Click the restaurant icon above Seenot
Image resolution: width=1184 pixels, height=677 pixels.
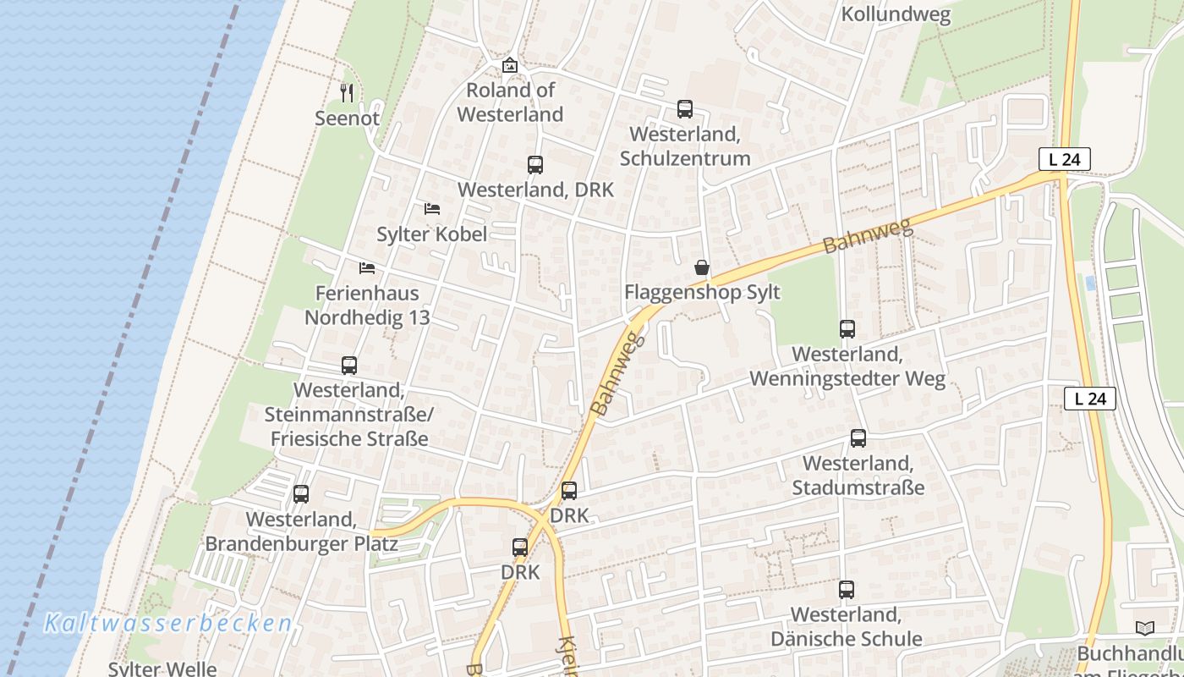pyautogui.click(x=346, y=92)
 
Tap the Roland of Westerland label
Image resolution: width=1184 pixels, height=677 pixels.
pyautogui.click(x=510, y=102)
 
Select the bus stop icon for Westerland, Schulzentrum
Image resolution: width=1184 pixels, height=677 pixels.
pyautogui.click(x=685, y=109)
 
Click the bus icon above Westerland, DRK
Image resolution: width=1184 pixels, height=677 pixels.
pyautogui.click(x=535, y=165)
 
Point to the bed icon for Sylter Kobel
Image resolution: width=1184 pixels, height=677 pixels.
pyautogui.click(x=432, y=208)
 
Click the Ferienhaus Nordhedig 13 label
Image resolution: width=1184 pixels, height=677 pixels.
pyautogui.click(x=367, y=305)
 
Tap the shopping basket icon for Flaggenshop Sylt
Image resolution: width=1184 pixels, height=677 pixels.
pyautogui.click(x=702, y=268)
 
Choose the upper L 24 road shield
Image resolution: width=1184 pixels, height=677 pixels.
pyautogui.click(x=1065, y=158)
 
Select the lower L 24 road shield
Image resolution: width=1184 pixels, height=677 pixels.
pyautogui.click(x=1090, y=399)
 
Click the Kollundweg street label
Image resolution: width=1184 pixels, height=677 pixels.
pyautogui.click(x=896, y=15)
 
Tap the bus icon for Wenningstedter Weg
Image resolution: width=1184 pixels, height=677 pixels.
pyautogui.click(x=847, y=329)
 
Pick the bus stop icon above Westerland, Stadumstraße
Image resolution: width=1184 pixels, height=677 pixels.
pyautogui.click(x=858, y=438)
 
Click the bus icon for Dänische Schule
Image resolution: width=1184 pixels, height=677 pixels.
pyautogui.click(x=847, y=590)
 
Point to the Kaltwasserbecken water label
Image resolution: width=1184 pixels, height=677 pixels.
pyautogui.click(x=168, y=624)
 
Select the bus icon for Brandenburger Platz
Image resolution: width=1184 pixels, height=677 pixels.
pyautogui.click(x=301, y=494)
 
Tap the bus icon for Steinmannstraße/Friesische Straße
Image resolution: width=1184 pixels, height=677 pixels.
pyautogui.click(x=349, y=366)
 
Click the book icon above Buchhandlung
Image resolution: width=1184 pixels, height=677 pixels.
pyautogui.click(x=1145, y=628)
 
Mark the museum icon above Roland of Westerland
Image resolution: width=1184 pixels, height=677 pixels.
pyautogui.click(x=510, y=65)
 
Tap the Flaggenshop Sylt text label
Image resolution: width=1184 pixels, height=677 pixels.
pyautogui.click(x=702, y=293)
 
